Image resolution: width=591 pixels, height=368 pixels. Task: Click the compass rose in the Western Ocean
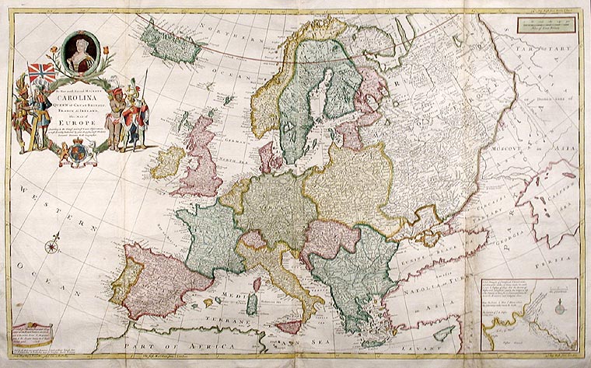[52, 246]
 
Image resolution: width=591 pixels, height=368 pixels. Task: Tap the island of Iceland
[166, 43]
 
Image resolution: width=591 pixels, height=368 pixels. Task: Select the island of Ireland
[168, 162]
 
